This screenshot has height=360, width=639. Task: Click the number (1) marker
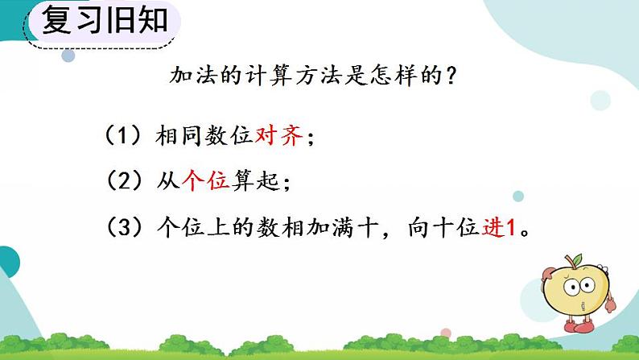(x=123, y=136)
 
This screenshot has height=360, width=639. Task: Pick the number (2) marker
(x=123, y=181)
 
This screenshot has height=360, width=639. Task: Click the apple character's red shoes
(x=582, y=327)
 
